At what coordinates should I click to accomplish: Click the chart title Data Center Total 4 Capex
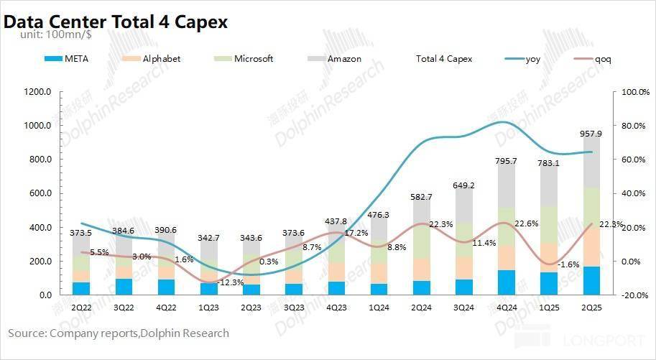coord(116,22)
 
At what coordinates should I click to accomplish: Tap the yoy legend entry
coord(532,59)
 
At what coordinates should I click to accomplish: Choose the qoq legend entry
coord(604,59)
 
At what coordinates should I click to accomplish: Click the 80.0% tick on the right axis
coord(635,126)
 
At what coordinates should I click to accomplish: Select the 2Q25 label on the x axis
coord(591,308)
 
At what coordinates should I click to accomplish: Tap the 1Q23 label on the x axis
coord(208,308)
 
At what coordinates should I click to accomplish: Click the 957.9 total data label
coord(591,134)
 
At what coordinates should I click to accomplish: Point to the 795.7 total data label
coord(506,162)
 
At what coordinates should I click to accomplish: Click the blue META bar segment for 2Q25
coord(591,281)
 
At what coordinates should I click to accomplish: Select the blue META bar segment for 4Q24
coord(506,282)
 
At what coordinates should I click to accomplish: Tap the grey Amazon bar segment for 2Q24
coord(421,227)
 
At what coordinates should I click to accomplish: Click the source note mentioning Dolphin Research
coord(119,333)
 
